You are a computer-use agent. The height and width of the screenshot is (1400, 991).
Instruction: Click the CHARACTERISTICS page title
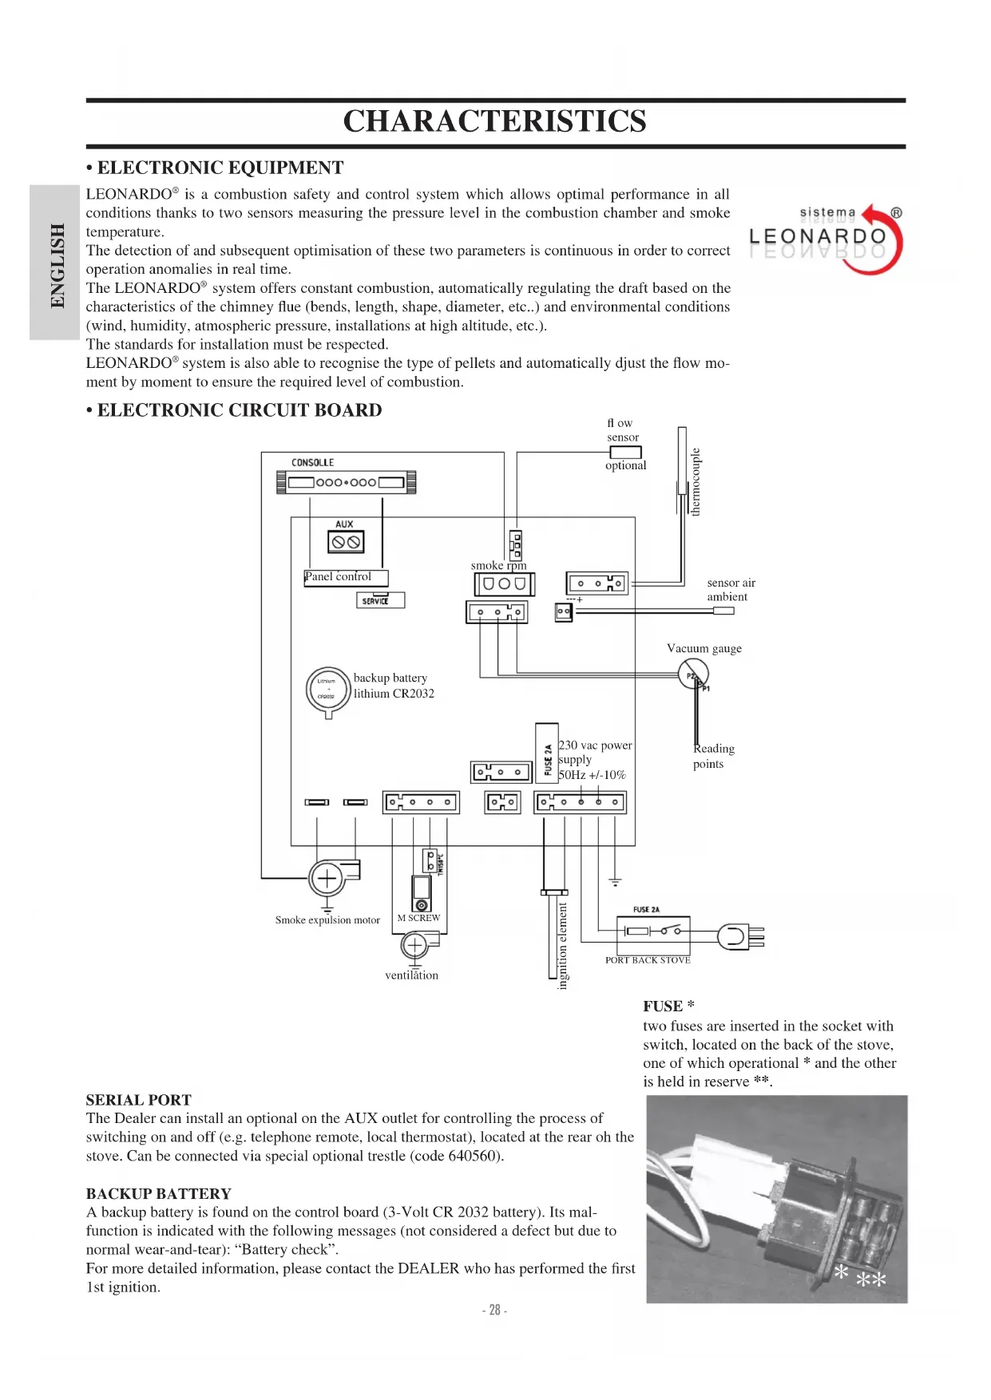tap(494, 121)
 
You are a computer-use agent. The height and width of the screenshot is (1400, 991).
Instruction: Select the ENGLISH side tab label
tap(57, 264)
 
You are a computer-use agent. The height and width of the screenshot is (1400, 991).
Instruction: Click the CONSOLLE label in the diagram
tap(312, 462)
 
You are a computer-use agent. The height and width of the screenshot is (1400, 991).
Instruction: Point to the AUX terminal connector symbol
tap(345, 542)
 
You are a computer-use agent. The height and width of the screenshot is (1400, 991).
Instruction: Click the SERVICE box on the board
tap(380, 600)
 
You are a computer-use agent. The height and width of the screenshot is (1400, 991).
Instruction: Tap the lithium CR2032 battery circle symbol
tap(327, 689)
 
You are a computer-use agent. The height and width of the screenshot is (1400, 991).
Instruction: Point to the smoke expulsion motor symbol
tap(327, 879)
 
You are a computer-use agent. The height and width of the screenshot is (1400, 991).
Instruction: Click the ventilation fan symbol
tap(415, 947)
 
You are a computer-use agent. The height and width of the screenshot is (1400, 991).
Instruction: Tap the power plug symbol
tap(739, 936)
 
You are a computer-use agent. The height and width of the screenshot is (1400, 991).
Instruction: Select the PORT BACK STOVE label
tap(648, 960)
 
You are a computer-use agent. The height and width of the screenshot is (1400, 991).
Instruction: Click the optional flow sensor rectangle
tap(625, 453)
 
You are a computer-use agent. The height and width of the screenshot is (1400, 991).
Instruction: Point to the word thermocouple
tap(696, 481)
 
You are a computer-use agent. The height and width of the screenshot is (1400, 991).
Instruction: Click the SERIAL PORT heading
tap(139, 1100)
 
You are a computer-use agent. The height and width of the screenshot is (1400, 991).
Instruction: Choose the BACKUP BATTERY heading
tap(159, 1194)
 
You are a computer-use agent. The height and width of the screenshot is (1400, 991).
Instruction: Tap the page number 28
tap(495, 1310)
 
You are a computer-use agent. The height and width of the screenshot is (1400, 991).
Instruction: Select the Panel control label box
tap(346, 577)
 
